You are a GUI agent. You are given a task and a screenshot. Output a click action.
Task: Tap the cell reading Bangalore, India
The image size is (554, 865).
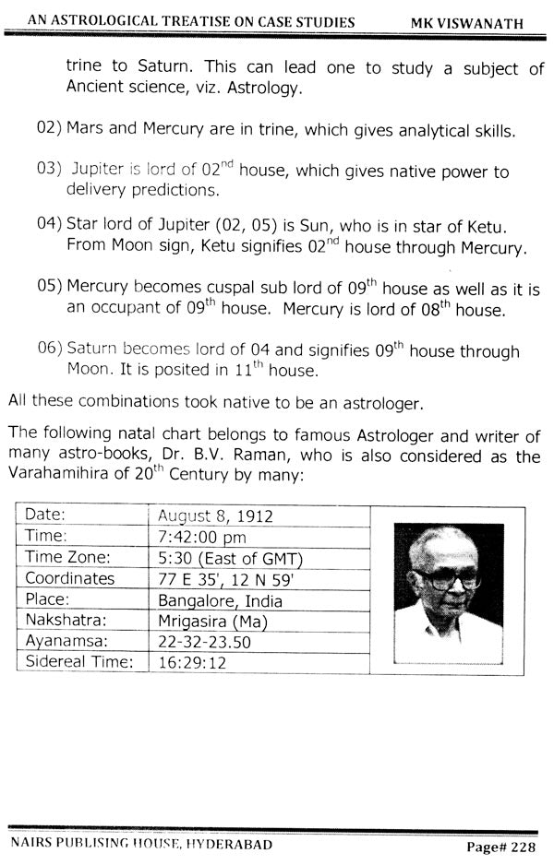pos(220,600)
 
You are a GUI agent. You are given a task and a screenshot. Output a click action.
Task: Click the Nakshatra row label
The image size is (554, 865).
pos(63,620)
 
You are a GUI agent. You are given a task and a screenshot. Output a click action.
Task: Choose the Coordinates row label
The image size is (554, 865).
pos(70,578)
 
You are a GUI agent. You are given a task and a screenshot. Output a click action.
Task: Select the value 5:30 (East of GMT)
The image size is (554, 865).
pos(231,557)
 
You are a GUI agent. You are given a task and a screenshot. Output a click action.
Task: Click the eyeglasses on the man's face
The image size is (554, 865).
pos(447,578)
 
